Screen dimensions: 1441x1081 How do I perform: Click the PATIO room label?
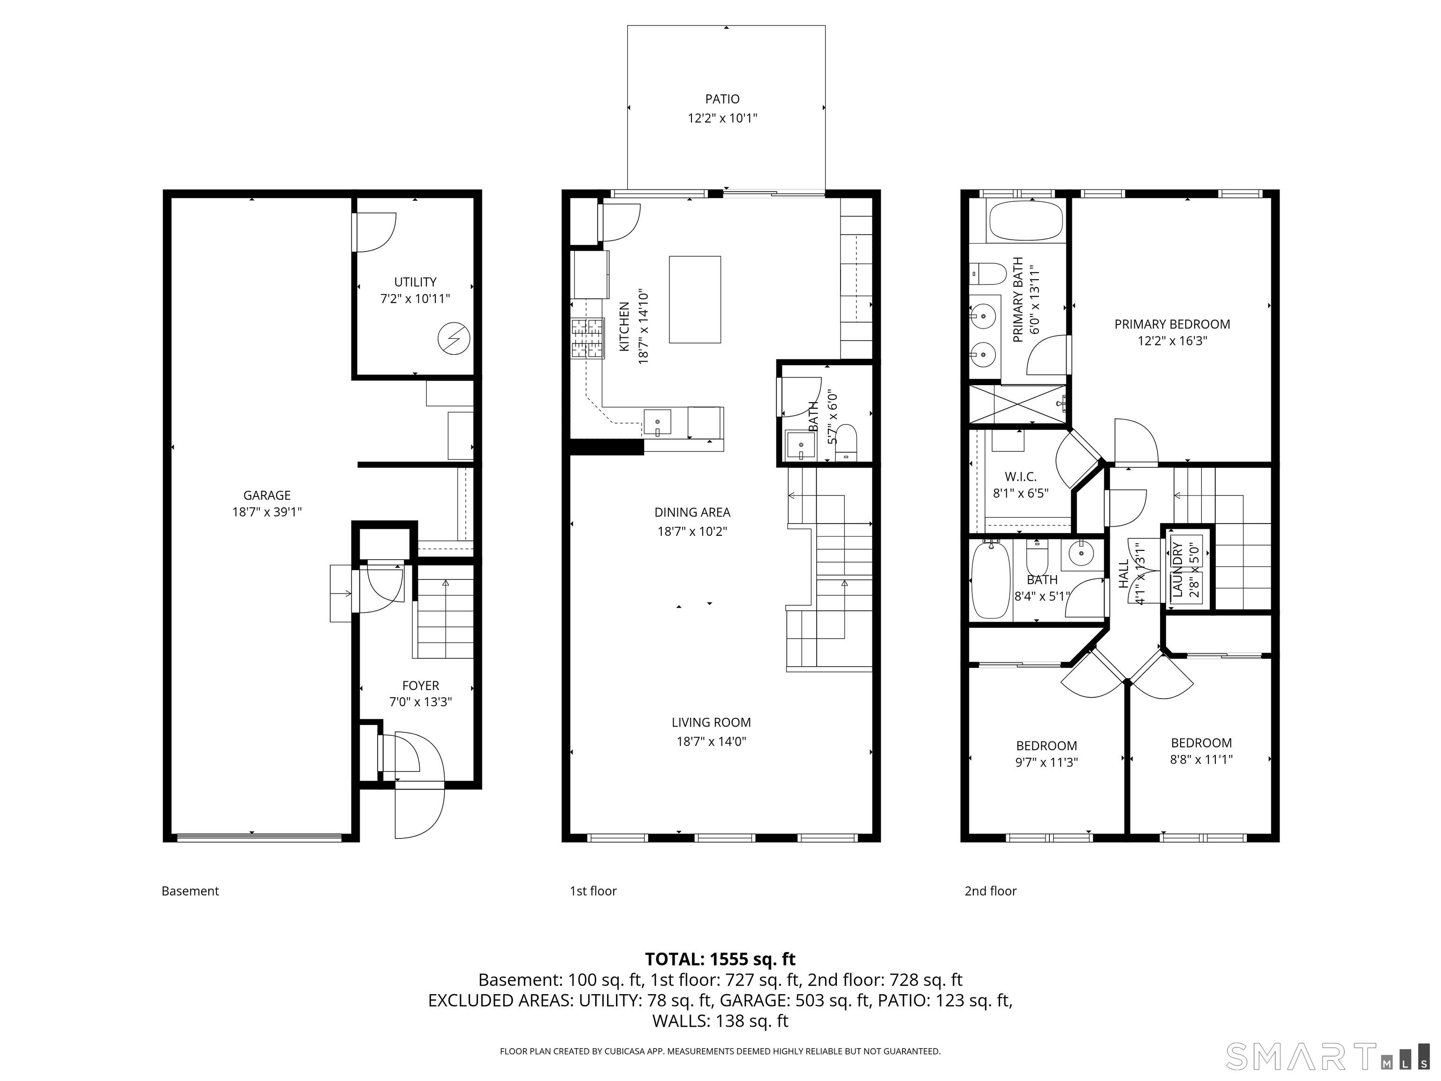tap(722, 99)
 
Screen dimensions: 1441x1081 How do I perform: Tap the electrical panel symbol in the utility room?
tap(454, 339)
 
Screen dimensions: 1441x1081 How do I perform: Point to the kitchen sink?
tap(657, 422)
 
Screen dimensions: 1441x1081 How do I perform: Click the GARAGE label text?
tap(267, 495)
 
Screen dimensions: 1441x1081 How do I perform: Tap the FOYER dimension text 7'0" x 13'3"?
tap(421, 702)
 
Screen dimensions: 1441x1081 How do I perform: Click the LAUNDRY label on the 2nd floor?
tap(1177, 569)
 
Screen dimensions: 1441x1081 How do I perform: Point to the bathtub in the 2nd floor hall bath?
tap(990, 580)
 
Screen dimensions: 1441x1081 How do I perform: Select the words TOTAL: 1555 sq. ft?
tap(720, 959)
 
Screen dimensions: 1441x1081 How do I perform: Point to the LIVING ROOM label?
tap(712, 722)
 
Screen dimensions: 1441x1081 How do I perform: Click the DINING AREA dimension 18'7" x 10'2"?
tap(692, 531)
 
